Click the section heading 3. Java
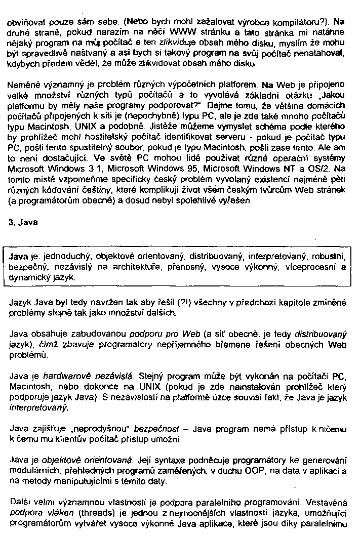click(21, 222)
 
